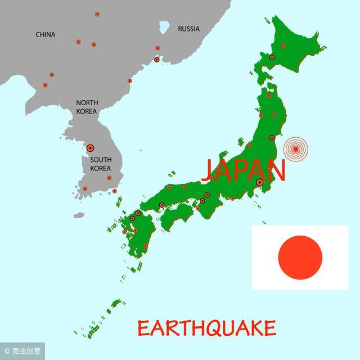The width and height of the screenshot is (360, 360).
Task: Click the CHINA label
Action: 46,35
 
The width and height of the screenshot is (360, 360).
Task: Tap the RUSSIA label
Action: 188,29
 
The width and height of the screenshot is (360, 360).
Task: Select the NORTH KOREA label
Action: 87,107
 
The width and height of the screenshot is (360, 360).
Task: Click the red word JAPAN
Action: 243,169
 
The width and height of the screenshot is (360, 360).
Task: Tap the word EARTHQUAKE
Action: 206,327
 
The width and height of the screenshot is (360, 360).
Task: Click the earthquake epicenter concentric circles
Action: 296,150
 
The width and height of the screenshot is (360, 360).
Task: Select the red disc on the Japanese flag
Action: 300,257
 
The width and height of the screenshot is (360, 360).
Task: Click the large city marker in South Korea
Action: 90,147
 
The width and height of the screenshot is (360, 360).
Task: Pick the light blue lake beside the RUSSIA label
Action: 164,26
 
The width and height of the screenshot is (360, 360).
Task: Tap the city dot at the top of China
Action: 97,14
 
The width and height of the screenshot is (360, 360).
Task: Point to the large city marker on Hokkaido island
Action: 272,57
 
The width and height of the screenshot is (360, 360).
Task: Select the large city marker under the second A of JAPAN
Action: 259,182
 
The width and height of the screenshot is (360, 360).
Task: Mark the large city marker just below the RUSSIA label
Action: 156,59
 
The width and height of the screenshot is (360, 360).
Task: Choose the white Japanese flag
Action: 300,257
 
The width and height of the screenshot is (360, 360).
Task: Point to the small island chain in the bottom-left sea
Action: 98,318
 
